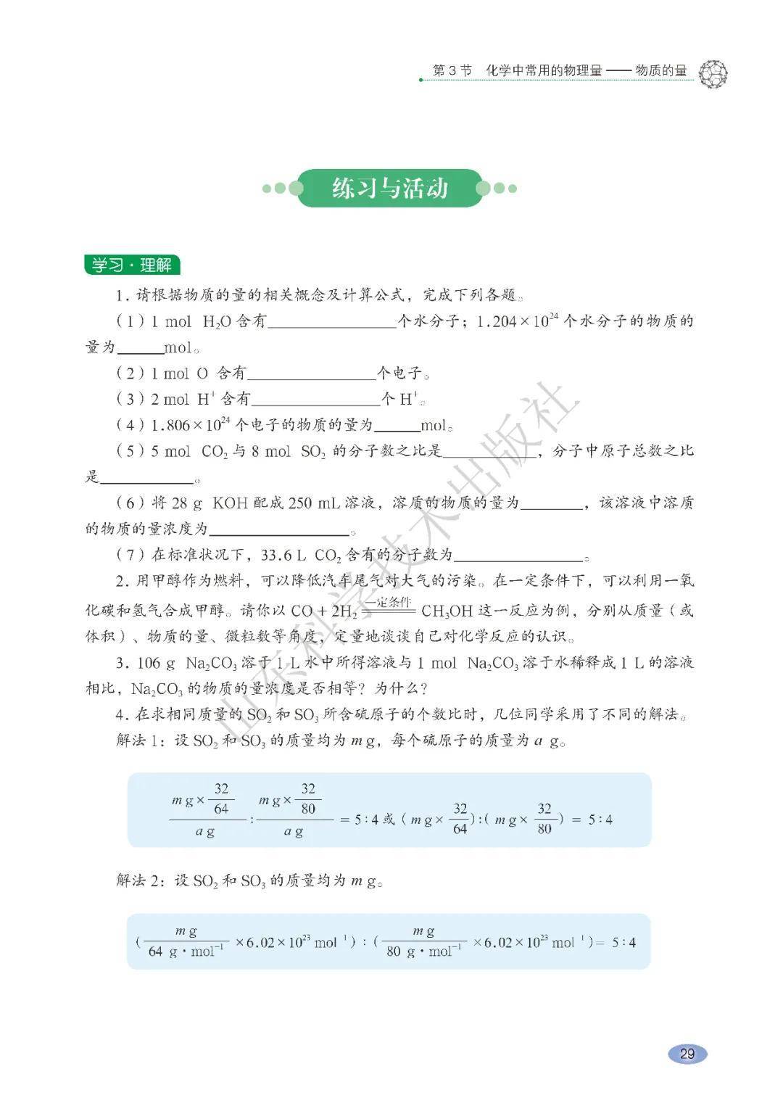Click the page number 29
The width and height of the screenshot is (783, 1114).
tap(687, 1052)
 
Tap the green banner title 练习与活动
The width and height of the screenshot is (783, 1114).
tap(390, 189)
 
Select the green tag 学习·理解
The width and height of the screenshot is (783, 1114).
tap(132, 265)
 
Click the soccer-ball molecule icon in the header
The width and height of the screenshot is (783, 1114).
tap(713, 73)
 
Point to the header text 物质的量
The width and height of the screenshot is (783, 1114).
tap(661, 70)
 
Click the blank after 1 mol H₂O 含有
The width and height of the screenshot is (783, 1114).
tap(331, 322)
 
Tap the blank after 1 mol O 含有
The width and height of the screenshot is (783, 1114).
tap(311, 374)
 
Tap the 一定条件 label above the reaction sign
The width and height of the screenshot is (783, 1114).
tap(387, 602)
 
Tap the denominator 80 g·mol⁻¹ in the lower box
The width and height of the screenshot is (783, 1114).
tap(424, 952)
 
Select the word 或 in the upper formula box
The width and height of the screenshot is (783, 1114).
tap(389, 819)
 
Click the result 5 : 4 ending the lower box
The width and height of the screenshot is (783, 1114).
tap(623, 942)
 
